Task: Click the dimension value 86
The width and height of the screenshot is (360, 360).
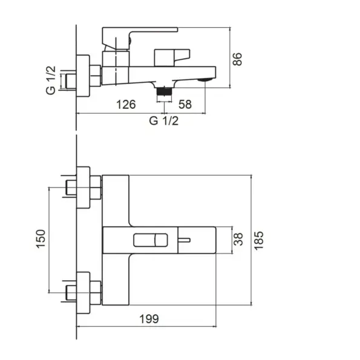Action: click(238, 59)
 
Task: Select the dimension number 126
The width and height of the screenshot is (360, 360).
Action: click(126, 105)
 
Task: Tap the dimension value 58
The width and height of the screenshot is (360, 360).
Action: click(185, 105)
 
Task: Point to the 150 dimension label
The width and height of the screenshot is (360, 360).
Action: click(41, 238)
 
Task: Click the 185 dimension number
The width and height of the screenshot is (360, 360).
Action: click(259, 240)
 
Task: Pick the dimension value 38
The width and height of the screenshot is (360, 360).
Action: click(238, 239)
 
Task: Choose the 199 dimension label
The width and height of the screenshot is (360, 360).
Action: click(149, 319)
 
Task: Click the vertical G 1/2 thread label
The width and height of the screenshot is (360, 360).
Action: click(51, 80)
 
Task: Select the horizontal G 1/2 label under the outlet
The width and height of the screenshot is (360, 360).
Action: click(164, 121)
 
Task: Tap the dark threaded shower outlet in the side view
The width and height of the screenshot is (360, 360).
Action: click(164, 91)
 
